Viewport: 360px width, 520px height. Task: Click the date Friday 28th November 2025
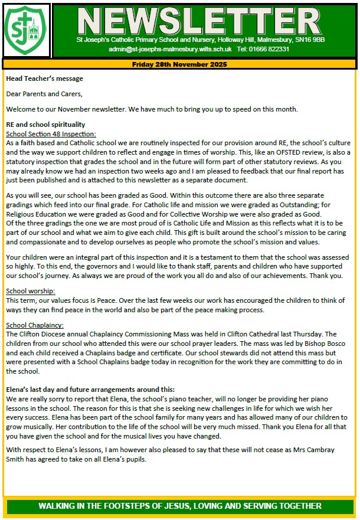click(179, 63)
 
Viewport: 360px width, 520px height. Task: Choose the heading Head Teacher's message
click(44, 79)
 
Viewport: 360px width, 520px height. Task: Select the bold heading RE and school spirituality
click(45, 125)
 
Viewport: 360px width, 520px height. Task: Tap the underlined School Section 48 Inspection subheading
click(51, 134)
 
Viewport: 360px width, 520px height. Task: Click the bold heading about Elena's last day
click(90, 389)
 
